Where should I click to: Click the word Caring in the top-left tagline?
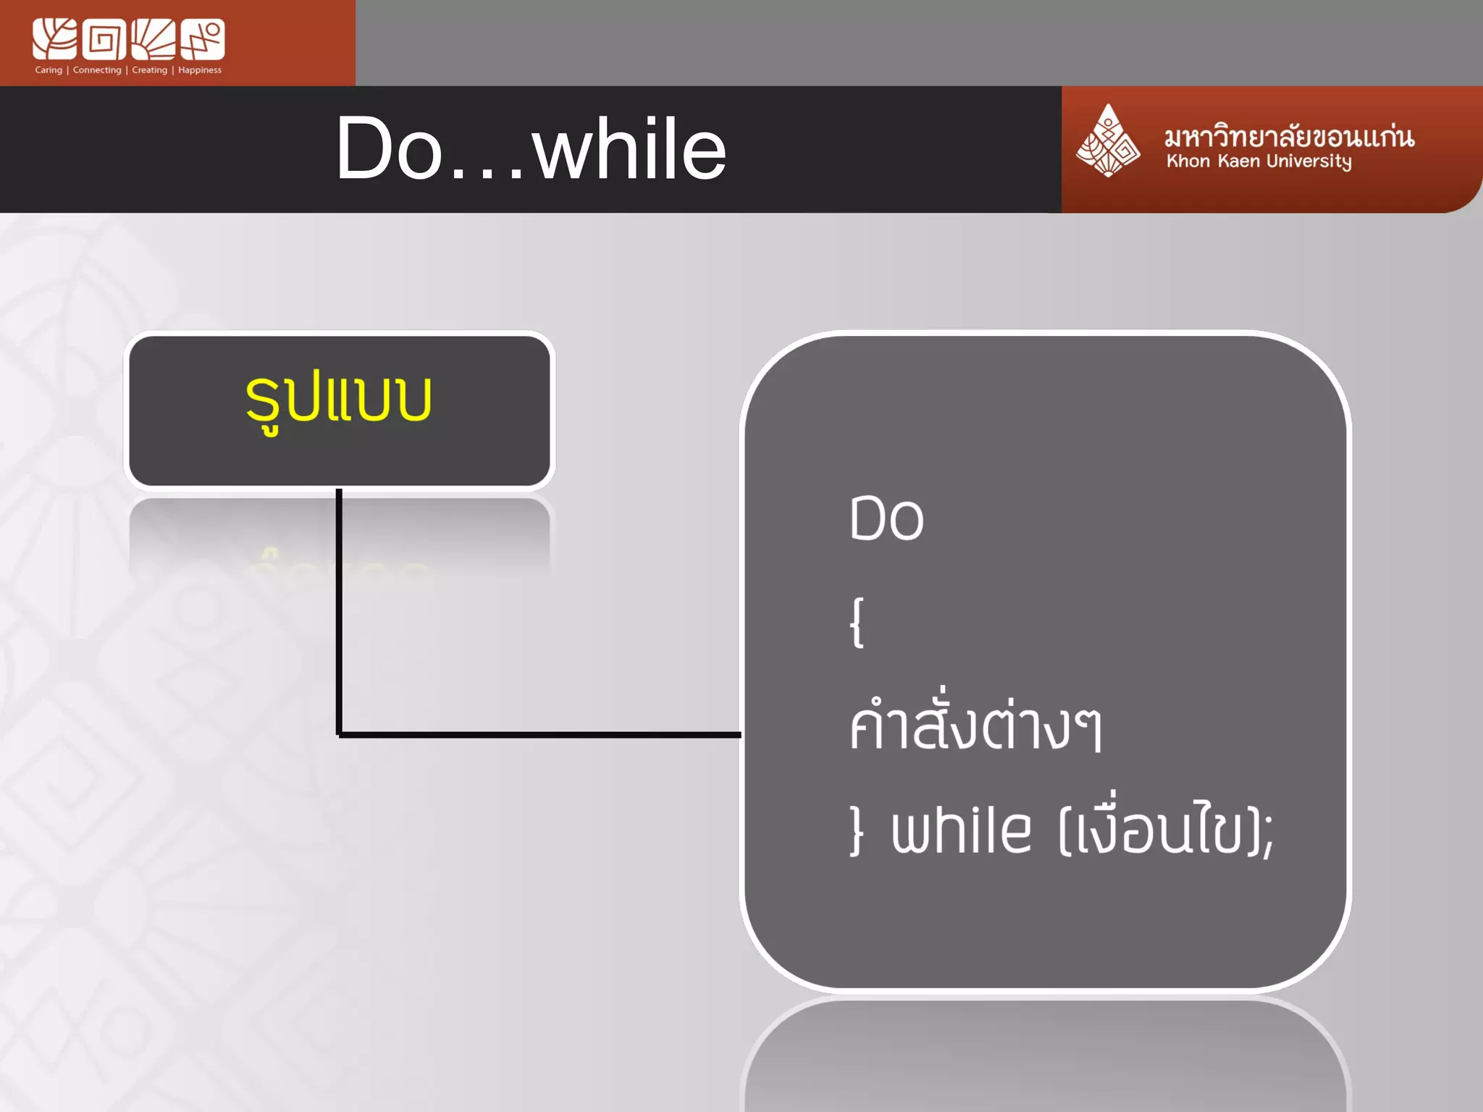pos(49,70)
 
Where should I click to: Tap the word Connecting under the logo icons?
pos(97,70)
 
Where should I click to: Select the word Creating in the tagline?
pos(149,70)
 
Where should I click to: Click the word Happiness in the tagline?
pos(200,70)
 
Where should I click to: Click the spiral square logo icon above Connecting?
pos(104,39)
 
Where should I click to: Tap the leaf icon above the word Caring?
pos(54,39)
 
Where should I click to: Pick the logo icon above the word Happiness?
pos(203,39)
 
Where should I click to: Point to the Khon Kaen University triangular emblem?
pos(1107,142)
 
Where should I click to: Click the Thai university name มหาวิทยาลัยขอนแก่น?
pos(1289,137)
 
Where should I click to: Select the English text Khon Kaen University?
pos(1259,161)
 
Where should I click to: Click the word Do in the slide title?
pos(389,149)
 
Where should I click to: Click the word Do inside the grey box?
pos(886,518)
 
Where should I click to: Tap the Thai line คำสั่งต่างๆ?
pos(975,725)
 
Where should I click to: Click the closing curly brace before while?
pos(857,831)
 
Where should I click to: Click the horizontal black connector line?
pos(539,735)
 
